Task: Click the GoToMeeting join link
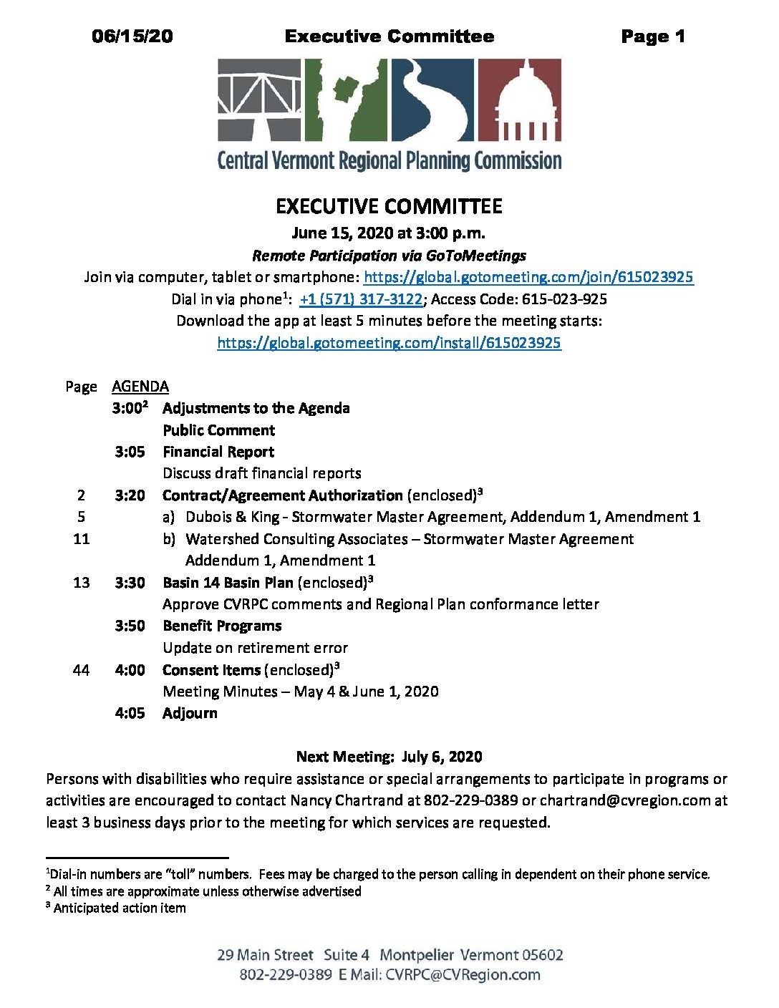click(x=528, y=277)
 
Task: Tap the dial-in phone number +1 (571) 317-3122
click(x=361, y=299)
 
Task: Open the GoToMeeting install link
click(x=389, y=343)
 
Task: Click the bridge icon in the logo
click(x=259, y=100)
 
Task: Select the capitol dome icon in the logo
click(x=519, y=100)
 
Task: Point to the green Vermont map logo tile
click(x=347, y=100)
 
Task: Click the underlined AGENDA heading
click(x=140, y=387)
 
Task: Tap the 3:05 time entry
click(x=130, y=452)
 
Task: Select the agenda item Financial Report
click(x=218, y=452)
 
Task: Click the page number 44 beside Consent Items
click(x=81, y=670)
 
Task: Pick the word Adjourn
click(x=190, y=713)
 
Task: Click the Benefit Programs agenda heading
click(x=222, y=626)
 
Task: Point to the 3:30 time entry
click(x=130, y=583)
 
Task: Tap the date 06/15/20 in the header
click(x=132, y=37)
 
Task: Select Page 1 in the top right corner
click(x=653, y=37)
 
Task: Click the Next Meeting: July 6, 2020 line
click(x=389, y=757)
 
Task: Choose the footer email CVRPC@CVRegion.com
click(x=463, y=974)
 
